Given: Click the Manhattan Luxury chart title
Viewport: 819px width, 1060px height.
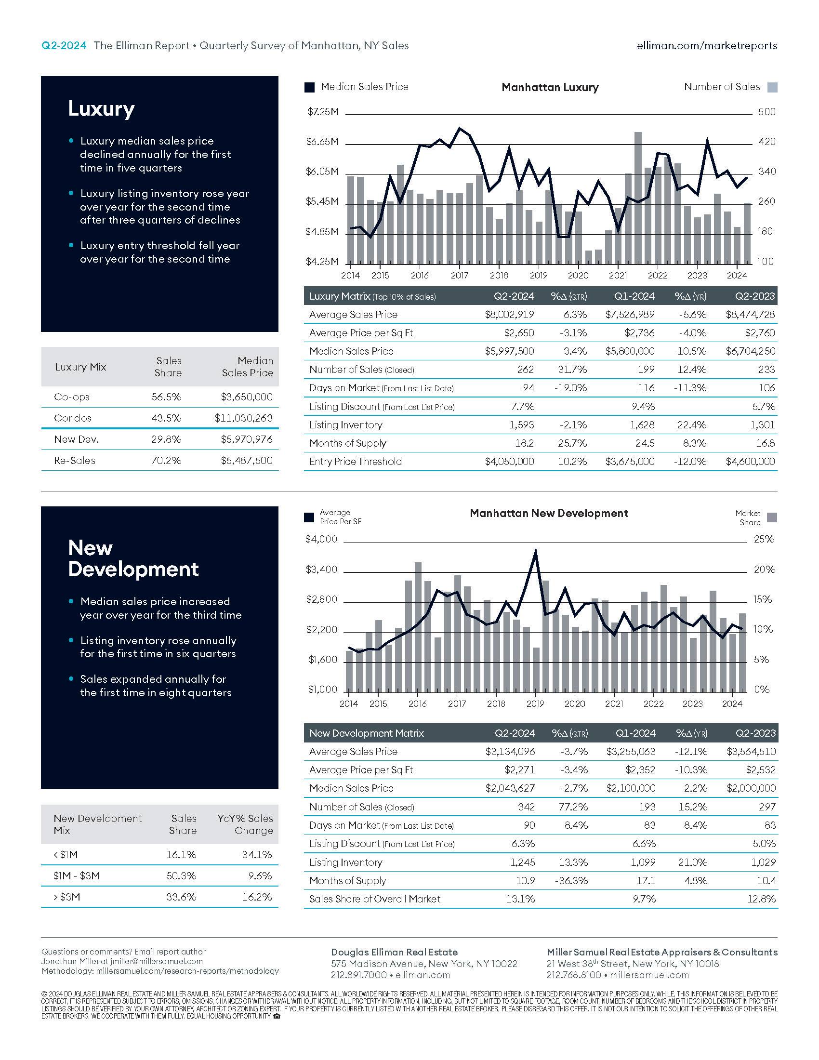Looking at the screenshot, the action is pyautogui.click(x=550, y=87).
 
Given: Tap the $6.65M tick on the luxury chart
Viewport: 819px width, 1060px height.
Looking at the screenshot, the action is pyautogui.click(x=322, y=142).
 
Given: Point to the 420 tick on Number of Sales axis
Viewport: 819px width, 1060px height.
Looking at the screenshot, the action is pyautogui.click(x=767, y=142).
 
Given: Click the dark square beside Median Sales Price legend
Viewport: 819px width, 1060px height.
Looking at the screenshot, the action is pyautogui.click(x=309, y=87).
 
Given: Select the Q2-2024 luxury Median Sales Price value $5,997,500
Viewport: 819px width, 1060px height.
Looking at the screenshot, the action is pyautogui.click(x=509, y=351).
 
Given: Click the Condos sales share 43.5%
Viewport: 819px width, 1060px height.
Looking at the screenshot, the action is pyautogui.click(x=166, y=418).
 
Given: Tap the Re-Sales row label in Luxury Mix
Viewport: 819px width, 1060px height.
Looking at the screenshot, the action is pyautogui.click(x=75, y=461).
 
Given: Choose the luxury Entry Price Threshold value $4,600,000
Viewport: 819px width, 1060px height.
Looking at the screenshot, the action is pyautogui.click(x=750, y=461).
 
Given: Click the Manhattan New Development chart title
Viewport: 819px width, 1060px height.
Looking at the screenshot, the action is pyautogui.click(x=549, y=513).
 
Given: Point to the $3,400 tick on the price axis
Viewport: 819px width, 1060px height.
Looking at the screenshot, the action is pyautogui.click(x=321, y=570).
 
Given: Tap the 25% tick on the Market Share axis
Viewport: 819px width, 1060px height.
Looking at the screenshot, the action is pyautogui.click(x=764, y=539).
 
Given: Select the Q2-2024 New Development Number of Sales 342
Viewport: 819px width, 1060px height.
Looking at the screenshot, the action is pyautogui.click(x=527, y=807).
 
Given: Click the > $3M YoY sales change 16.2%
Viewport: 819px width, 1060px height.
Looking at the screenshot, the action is pyautogui.click(x=257, y=897).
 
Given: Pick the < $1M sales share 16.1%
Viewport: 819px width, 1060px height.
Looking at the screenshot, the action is pyautogui.click(x=182, y=854).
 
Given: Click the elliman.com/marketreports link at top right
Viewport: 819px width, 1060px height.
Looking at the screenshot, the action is pyautogui.click(x=707, y=46).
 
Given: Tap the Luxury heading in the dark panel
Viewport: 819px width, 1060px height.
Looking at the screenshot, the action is pyautogui.click(x=101, y=109).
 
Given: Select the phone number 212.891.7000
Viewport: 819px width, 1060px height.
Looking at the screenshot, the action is pyautogui.click(x=358, y=975).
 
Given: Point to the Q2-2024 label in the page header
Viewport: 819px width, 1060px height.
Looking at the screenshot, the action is pyautogui.click(x=64, y=46).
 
